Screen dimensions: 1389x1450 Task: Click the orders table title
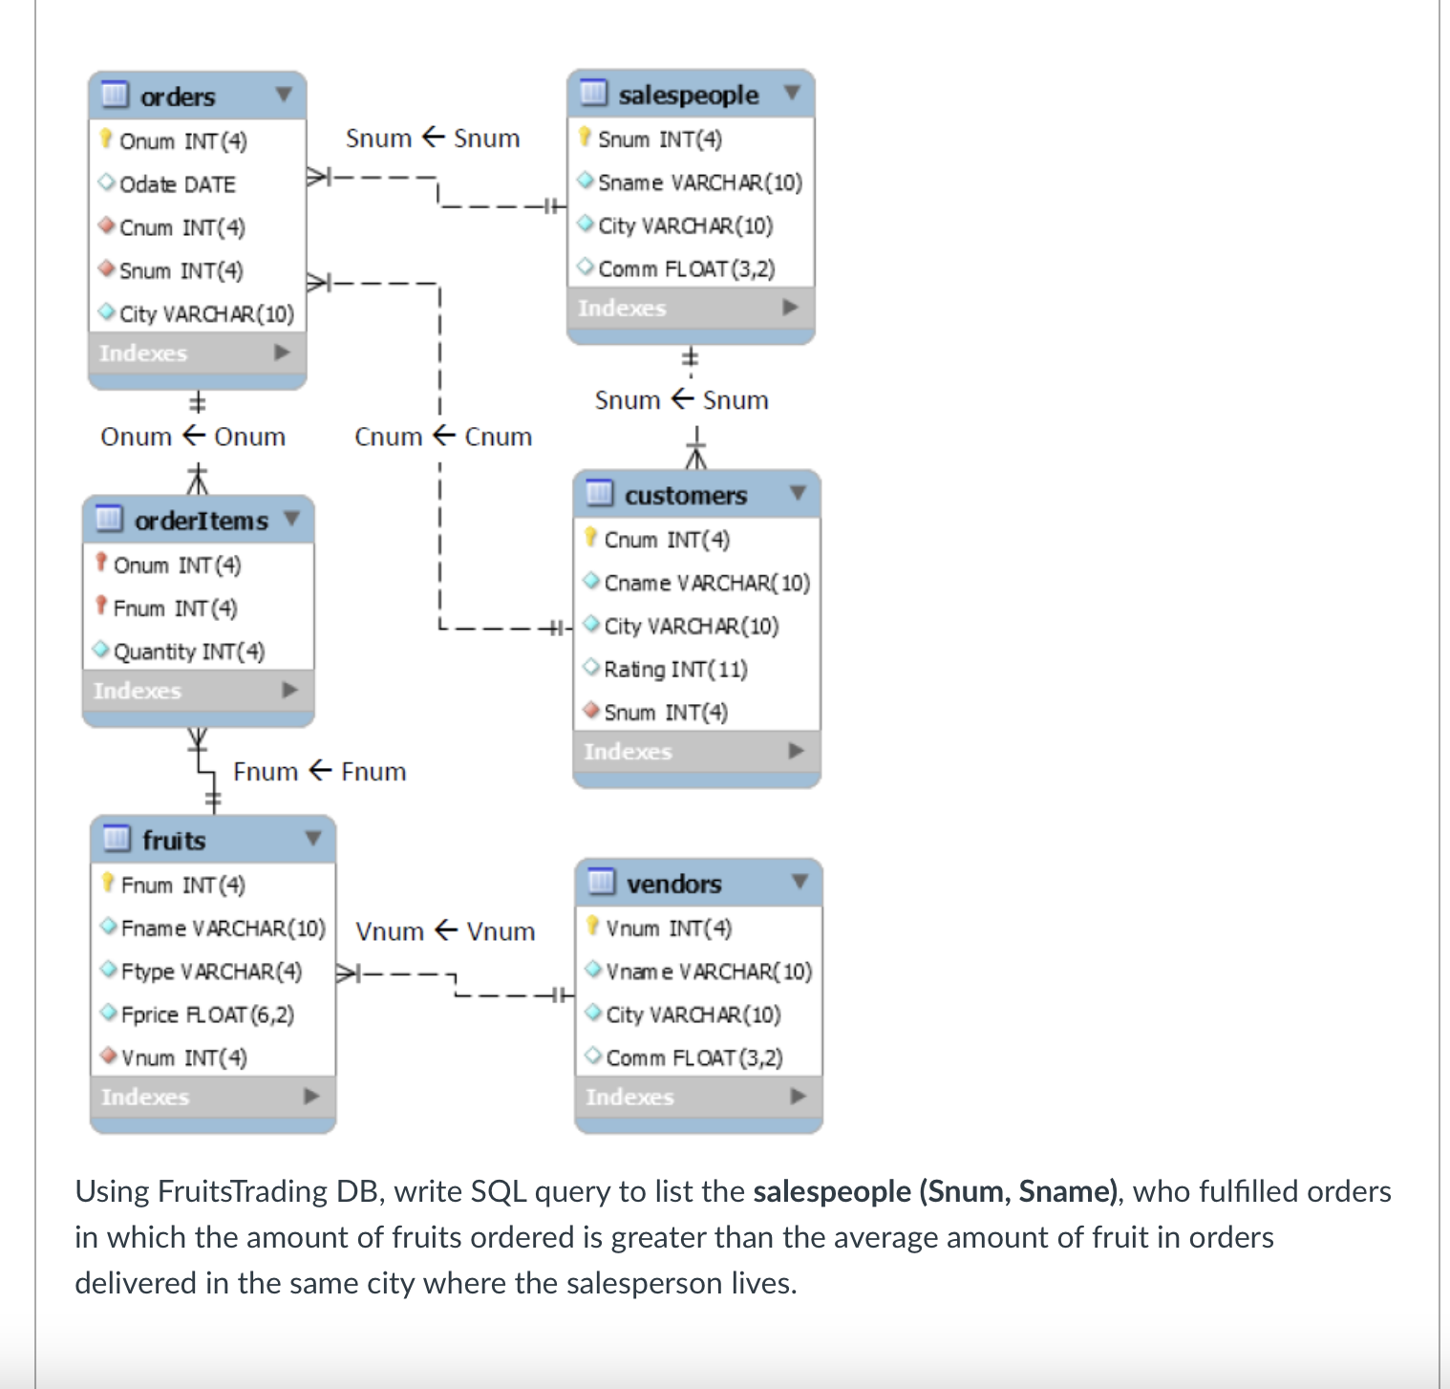[x=178, y=96]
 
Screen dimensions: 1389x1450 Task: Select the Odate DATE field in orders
[x=177, y=184]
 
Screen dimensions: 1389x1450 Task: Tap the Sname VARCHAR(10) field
[x=699, y=182]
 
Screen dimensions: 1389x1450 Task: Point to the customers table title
[x=685, y=496]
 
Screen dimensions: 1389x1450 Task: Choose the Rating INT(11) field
[x=675, y=669]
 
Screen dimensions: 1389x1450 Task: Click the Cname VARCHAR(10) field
[x=706, y=583]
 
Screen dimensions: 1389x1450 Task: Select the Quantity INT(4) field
[x=188, y=652]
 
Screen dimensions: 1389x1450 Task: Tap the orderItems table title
[x=201, y=521]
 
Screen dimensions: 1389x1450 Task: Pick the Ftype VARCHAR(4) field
[x=211, y=972]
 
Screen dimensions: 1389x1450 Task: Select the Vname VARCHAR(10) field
[x=708, y=972]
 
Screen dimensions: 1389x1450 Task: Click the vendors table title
[x=673, y=884]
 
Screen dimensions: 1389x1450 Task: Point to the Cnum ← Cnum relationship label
[x=443, y=437]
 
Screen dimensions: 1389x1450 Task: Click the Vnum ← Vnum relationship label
[x=445, y=931]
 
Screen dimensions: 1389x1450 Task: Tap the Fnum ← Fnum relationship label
[x=319, y=772]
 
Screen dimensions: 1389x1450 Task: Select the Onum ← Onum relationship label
[x=193, y=437]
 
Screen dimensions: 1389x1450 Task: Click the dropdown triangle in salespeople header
[x=791, y=93]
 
